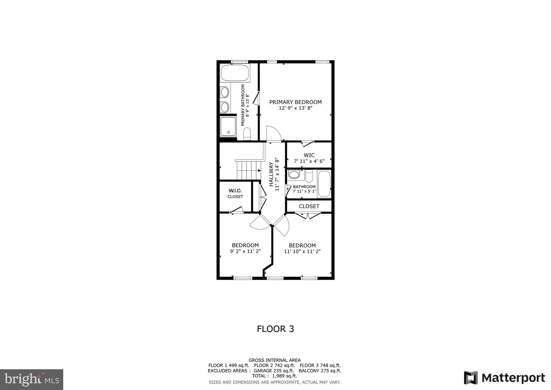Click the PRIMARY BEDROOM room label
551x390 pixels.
[295, 102]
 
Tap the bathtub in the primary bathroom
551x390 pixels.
[235, 73]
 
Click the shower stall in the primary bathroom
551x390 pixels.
[228, 126]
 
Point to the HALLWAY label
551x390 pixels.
[271, 174]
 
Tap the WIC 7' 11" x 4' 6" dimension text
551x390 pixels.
[309, 161]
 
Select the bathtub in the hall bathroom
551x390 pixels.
[324, 184]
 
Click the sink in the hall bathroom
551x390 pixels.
[294, 175]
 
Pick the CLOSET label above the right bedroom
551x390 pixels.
[309, 206]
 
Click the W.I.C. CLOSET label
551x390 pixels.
[235, 193]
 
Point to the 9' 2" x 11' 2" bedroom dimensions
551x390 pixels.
[245, 251]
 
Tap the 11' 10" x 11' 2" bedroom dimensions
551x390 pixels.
[302, 251]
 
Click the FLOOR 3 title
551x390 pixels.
[275, 329]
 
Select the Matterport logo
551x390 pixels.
[504, 378]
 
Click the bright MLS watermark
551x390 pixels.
[32, 380]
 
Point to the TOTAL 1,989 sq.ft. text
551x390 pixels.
[274, 376]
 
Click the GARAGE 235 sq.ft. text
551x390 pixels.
[274, 371]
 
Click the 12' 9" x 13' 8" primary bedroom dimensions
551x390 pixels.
[295, 108]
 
